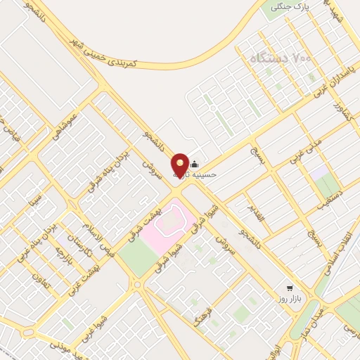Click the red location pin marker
coord(181,165)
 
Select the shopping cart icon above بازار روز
coord(289,288)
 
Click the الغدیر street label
coord(257,213)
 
